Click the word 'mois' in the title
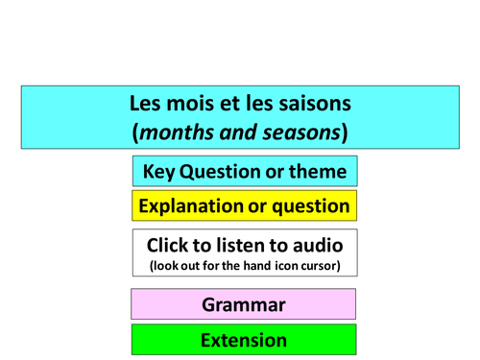[x=189, y=102]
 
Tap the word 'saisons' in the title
[x=313, y=102]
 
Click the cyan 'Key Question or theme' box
[x=244, y=172]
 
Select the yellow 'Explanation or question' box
[x=244, y=205]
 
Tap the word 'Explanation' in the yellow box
[x=191, y=205]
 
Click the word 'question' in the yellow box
[x=311, y=205]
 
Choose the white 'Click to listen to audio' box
[x=244, y=252]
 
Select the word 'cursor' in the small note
[x=318, y=266]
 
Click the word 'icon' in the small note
[x=280, y=266]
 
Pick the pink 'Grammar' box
[x=244, y=305]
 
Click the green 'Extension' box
[x=244, y=340]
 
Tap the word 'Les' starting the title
[x=146, y=102]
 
